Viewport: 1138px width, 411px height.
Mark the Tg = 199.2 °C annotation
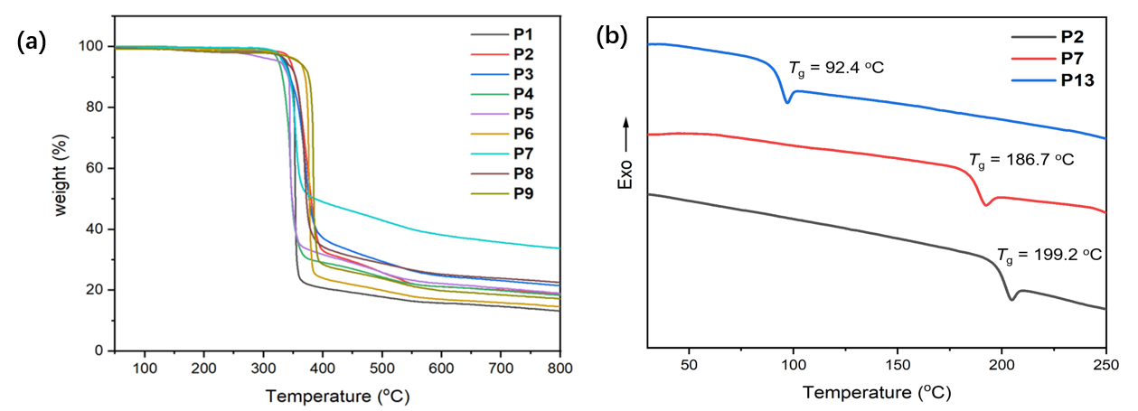point(1049,255)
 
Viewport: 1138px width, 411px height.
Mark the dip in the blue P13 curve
point(787,102)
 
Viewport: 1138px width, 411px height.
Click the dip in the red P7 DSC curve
point(987,205)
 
